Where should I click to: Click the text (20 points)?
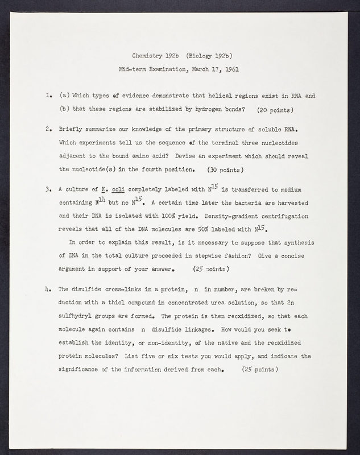click(275, 109)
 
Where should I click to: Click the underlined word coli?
click(119, 190)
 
